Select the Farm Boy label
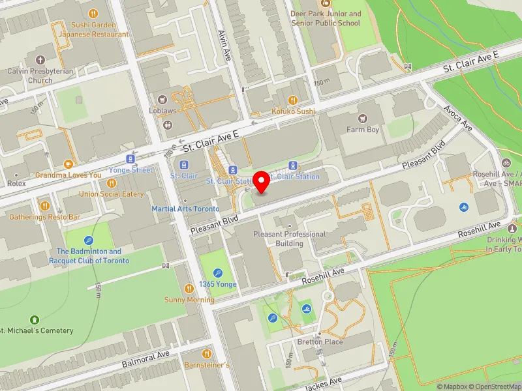(363, 130)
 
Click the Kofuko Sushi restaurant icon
(293, 100)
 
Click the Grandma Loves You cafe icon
(68, 164)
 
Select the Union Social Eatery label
(111, 194)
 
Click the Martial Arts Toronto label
(185, 209)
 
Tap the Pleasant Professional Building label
(289, 239)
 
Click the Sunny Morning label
(189, 300)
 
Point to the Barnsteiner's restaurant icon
(206, 353)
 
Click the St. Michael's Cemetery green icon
(34, 319)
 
